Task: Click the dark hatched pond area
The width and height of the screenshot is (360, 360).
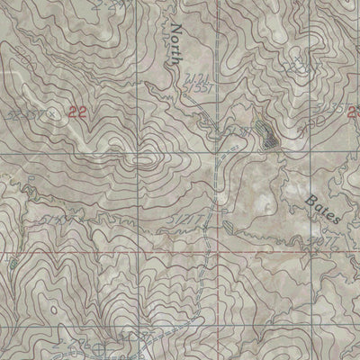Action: point(267,136)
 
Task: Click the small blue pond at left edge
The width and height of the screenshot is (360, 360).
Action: point(11,263)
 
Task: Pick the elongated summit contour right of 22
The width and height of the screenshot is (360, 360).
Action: point(144,161)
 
